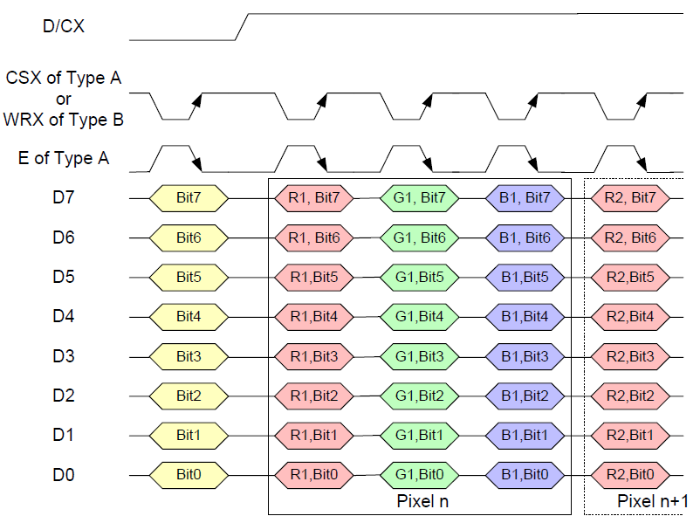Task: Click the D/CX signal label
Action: point(63,26)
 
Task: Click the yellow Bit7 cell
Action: point(189,197)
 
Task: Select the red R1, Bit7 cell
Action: point(314,197)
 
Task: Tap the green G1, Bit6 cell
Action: point(420,237)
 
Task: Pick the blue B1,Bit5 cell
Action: point(525,277)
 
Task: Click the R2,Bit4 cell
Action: point(630,316)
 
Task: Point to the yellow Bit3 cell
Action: point(189,356)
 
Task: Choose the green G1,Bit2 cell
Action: point(420,396)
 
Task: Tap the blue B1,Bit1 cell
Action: point(525,435)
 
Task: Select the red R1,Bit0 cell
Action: point(314,475)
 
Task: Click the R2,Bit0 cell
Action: point(630,475)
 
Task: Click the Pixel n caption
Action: point(422,501)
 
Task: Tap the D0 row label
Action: point(63,475)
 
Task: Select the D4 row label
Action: point(63,316)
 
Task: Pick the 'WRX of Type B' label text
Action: point(64,119)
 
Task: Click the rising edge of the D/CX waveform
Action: point(244,26)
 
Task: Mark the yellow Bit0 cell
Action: point(189,475)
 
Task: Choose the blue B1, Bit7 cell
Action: point(525,197)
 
